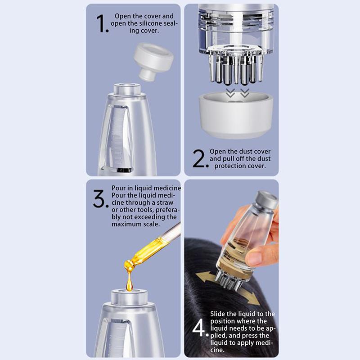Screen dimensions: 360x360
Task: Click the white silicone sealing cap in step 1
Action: tap(153, 61)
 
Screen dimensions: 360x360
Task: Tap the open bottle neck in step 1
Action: tap(127, 89)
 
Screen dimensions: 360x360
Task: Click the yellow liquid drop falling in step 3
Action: tap(129, 283)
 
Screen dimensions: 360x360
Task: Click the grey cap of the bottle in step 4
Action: tap(267, 199)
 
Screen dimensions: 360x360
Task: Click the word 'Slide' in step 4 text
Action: tap(218, 314)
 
